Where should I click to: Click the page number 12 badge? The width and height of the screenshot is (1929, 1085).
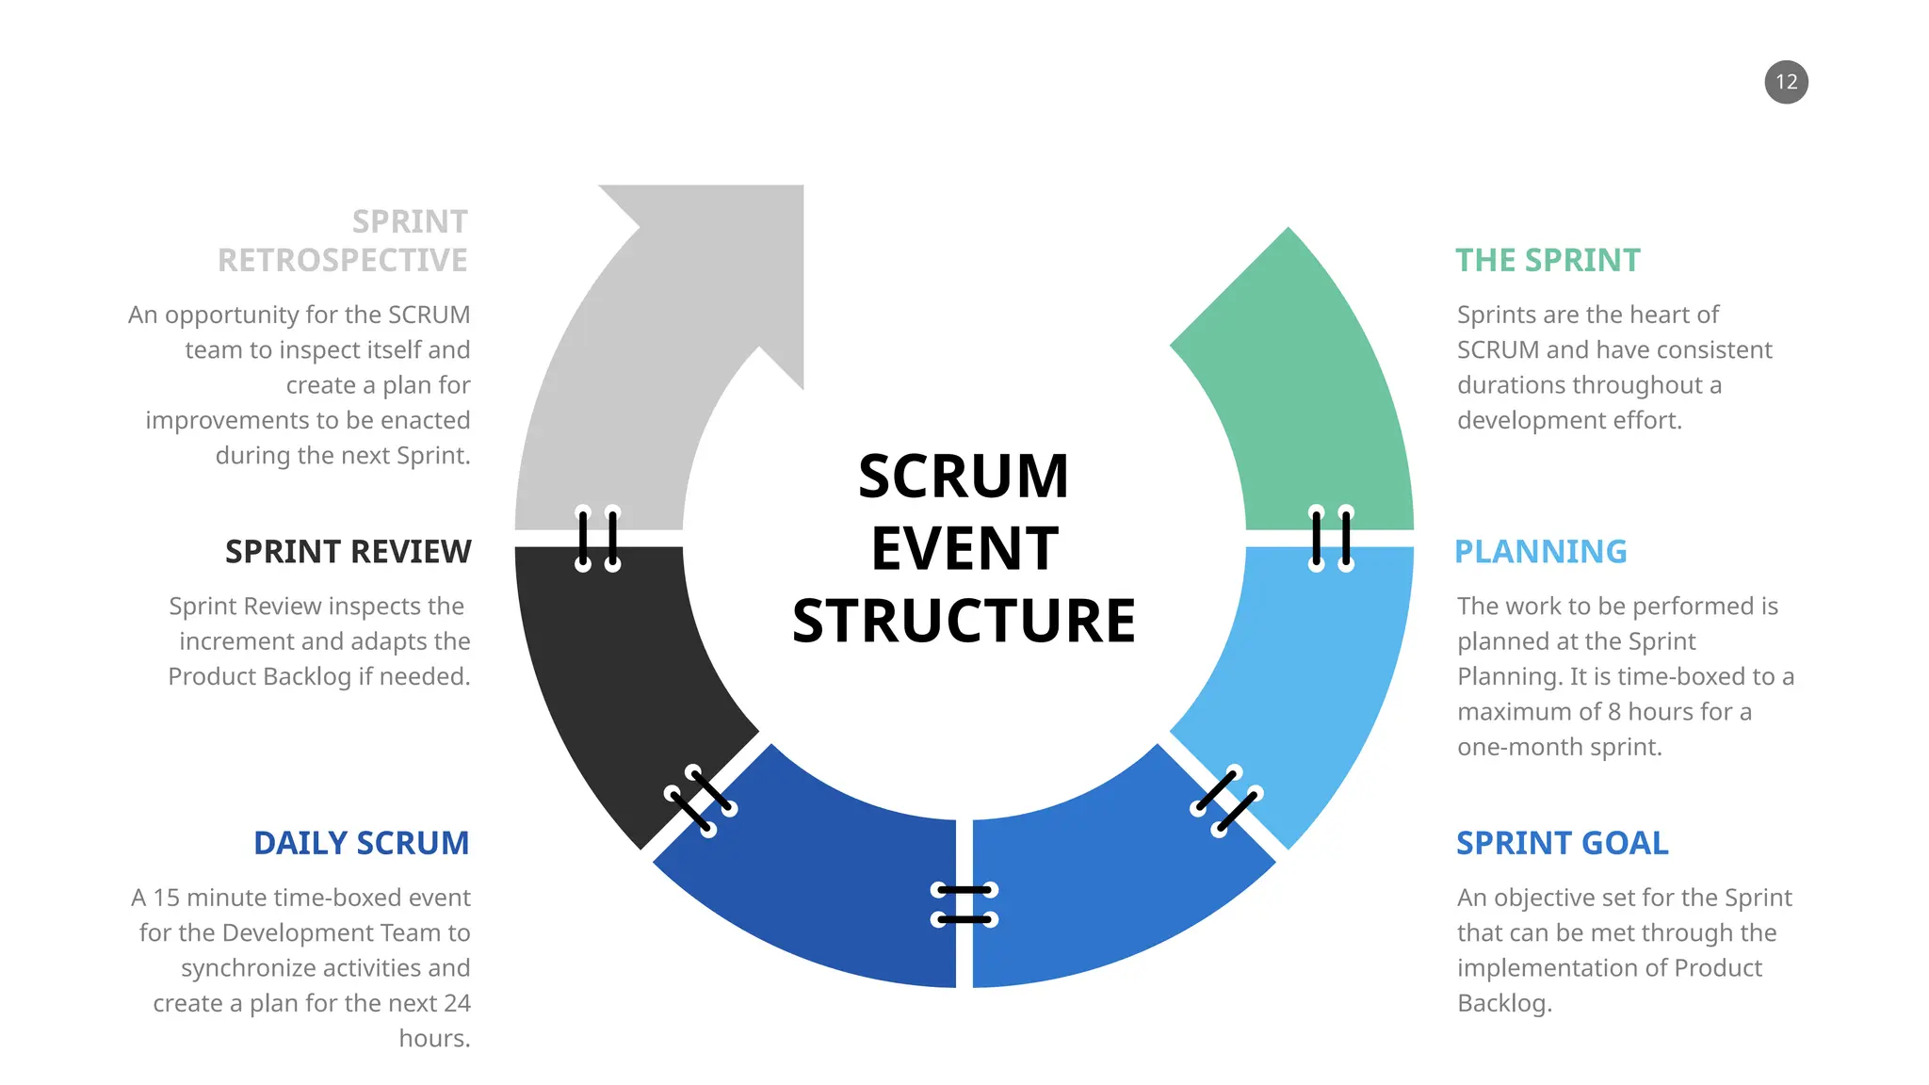click(x=1786, y=82)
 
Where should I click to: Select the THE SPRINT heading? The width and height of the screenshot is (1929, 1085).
click(x=1547, y=260)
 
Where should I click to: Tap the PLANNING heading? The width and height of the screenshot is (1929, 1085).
click(x=1540, y=551)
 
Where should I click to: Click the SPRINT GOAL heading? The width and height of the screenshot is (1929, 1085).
click(x=1562, y=843)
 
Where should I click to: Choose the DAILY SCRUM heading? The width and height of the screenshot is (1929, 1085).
click(x=361, y=843)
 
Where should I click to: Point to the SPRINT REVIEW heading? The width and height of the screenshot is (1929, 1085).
click(x=348, y=551)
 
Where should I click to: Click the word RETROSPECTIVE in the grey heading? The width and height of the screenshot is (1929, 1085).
click(x=342, y=260)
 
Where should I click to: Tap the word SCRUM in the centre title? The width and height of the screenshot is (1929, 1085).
click(x=964, y=477)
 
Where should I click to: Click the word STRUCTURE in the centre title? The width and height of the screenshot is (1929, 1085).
click(x=964, y=621)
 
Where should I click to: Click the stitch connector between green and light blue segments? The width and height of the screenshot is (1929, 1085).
click(x=1331, y=539)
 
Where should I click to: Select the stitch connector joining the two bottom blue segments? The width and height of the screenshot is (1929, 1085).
click(x=964, y=904)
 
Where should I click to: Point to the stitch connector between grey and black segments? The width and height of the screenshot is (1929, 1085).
click(x=598, y=539)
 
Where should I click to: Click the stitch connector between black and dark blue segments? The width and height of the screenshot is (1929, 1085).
click(x=701, y=801)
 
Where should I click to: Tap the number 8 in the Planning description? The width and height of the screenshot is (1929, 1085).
click(x=1613, y=712)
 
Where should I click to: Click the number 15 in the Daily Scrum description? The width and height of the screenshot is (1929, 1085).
click(x=166, y=898)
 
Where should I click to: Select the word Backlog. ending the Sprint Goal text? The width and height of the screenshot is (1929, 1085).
click(x=1503, y=1003)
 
